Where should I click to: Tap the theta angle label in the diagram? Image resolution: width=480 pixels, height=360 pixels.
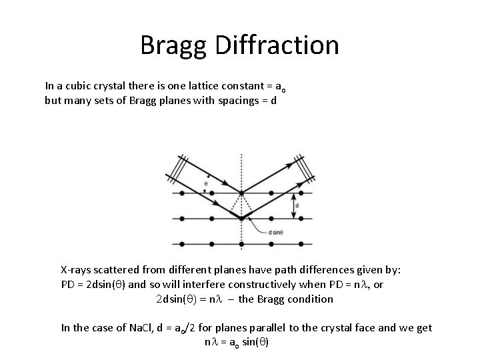click(x=206, y=181)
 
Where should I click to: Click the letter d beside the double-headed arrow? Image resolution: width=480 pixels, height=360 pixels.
click(x=297, y=206)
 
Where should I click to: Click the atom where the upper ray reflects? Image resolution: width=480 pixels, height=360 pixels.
click(x=241, y=194)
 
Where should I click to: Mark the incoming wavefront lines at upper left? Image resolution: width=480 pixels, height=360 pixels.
click(x=178, y=166)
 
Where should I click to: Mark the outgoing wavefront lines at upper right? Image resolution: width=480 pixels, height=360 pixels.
click(x=306, y=166)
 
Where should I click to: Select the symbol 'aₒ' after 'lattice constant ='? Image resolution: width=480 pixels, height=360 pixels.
click(x=283, y=87)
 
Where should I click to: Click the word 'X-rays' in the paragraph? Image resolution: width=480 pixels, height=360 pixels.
click(x=76, y=270)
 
